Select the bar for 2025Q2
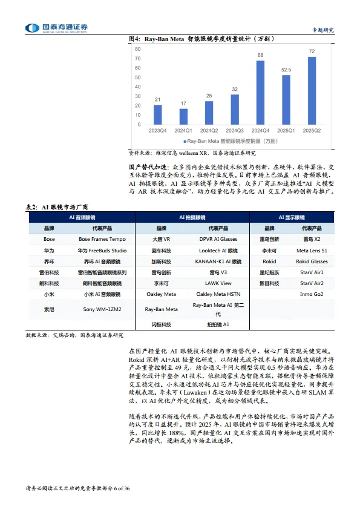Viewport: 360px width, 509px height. coord(312,90)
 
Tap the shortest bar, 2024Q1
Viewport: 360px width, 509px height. coord(183,116)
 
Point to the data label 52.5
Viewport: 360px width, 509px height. coord(286,70)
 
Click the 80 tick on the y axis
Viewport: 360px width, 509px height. coord(138,48)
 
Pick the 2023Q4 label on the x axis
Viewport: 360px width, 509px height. coord(157,130)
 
